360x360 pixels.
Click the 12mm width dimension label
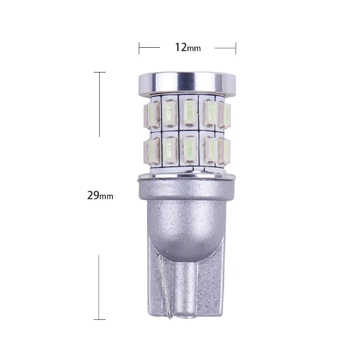188,47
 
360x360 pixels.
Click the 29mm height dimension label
100,195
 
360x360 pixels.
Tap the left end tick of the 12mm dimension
139,47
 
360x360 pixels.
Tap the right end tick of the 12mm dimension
236,47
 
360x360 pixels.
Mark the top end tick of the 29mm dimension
99,72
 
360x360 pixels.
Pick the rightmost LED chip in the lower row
225,151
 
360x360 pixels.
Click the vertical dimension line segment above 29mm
99,103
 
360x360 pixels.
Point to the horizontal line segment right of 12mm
225,47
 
